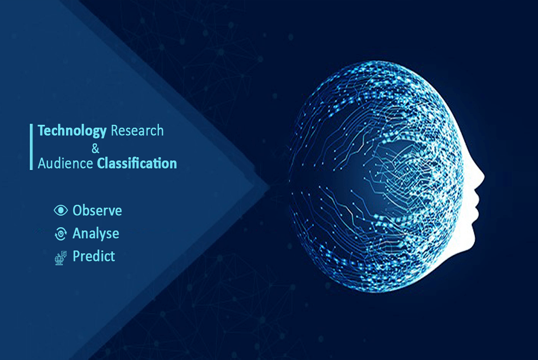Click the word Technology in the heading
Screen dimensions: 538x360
click(72, 131)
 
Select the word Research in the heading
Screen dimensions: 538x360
click(137, 131)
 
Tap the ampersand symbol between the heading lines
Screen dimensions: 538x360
click(95, 148)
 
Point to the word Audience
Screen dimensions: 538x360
click(65, 164)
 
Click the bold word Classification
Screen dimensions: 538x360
click(137, 164)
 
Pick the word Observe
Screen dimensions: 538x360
click(97, 210)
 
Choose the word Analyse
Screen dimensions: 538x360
click(96, 234)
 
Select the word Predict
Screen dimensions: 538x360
click(94, 256)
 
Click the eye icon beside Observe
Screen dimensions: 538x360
click(61, 210)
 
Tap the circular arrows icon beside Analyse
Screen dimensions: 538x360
click(61, 234)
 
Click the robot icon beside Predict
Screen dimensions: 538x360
click(61, 258)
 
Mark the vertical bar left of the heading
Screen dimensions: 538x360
click(31, 147)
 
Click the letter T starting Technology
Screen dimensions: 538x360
click(42, 130)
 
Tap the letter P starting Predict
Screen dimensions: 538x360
click(76, 256)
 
